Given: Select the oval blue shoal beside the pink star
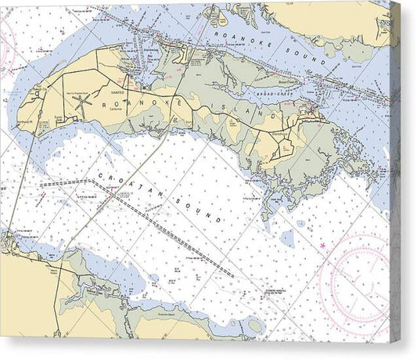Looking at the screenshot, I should (289, 236).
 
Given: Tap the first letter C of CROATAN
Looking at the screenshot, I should (100, 174).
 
